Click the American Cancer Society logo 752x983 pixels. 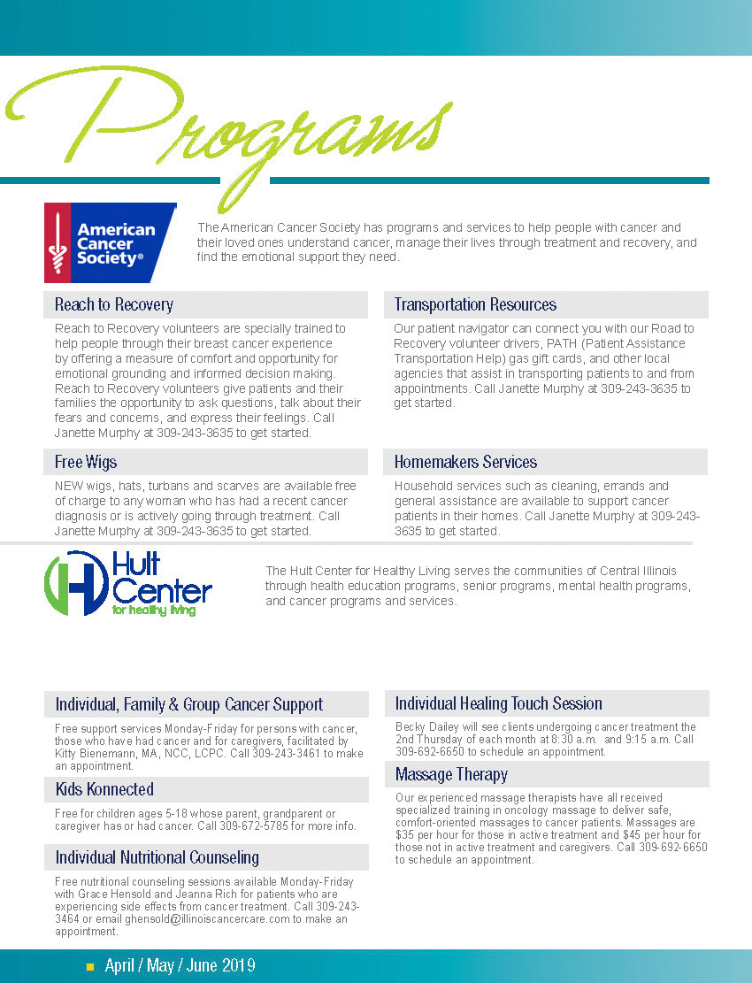click(x=110, y=242)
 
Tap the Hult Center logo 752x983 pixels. click(x=128, y=583)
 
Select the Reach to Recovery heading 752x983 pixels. click(x=114, y=304)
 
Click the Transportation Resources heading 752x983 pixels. click(x=475, y=304)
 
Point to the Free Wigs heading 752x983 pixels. click(x=86, y=462)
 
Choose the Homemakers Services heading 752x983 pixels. click(x=465, y=462)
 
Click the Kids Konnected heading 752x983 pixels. click(x=104, y=789)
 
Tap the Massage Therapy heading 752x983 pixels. click(x=451, y=774)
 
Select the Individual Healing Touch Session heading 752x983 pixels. click(x=498, y=703)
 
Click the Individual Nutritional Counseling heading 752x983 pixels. click(x=157, y=857)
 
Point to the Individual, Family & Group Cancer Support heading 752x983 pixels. click(x=189, y=704)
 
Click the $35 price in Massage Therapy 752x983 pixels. click(x=406, y=835)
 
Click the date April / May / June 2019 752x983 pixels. click(x=180, y=965)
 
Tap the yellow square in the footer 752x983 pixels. click(x=89, y=966)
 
